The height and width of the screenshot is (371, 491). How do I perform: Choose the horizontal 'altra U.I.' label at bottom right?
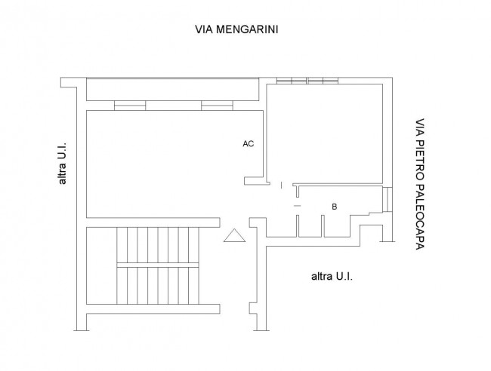(332, 277)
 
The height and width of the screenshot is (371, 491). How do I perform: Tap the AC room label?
(248, 143)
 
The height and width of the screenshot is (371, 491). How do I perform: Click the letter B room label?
(333, 206)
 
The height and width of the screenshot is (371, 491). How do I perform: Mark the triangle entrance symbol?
(235, 236)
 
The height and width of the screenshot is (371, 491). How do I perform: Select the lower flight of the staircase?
(158, 287)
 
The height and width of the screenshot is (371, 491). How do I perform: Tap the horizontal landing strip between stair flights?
(158, 265)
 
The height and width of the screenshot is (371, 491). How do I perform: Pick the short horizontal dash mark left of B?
(297, 206)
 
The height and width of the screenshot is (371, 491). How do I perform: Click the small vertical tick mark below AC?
(281, 185)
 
